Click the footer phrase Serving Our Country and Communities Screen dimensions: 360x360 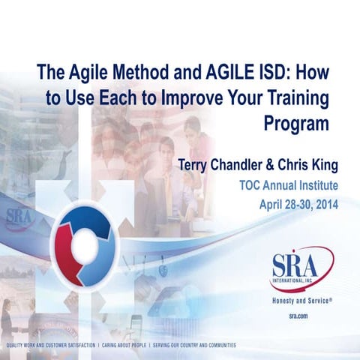point(195,346)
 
